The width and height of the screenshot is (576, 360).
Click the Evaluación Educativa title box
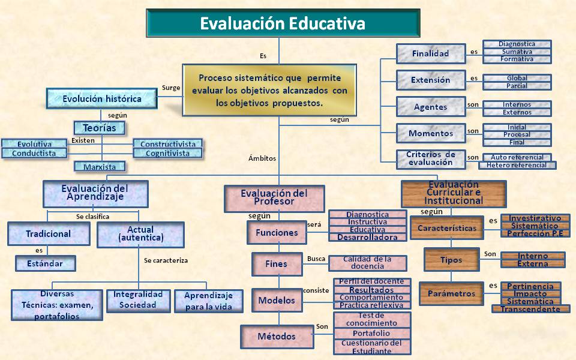click(283, 25)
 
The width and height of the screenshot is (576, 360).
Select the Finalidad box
click(431, 53)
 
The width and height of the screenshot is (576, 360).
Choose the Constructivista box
click(168, 144)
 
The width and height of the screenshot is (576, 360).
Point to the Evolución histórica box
click(102, 98)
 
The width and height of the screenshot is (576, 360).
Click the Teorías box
click(99, 127)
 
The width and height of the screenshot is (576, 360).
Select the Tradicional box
click(49, 233)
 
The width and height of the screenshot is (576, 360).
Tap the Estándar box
click(47, 263)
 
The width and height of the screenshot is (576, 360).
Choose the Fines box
click(276, 263)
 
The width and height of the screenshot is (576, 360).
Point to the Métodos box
click(277, 336)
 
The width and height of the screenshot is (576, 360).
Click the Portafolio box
click(371, 333)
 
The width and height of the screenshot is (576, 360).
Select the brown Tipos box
click(451, 260)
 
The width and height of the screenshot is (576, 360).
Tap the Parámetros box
click(451, 293)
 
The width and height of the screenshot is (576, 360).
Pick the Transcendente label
click(530, 309)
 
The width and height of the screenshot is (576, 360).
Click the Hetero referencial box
click(517, 165)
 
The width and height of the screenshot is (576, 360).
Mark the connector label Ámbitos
click(262, 158)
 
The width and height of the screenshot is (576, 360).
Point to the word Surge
click(171, 88)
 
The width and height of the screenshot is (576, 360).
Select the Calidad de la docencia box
click(367, 263)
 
